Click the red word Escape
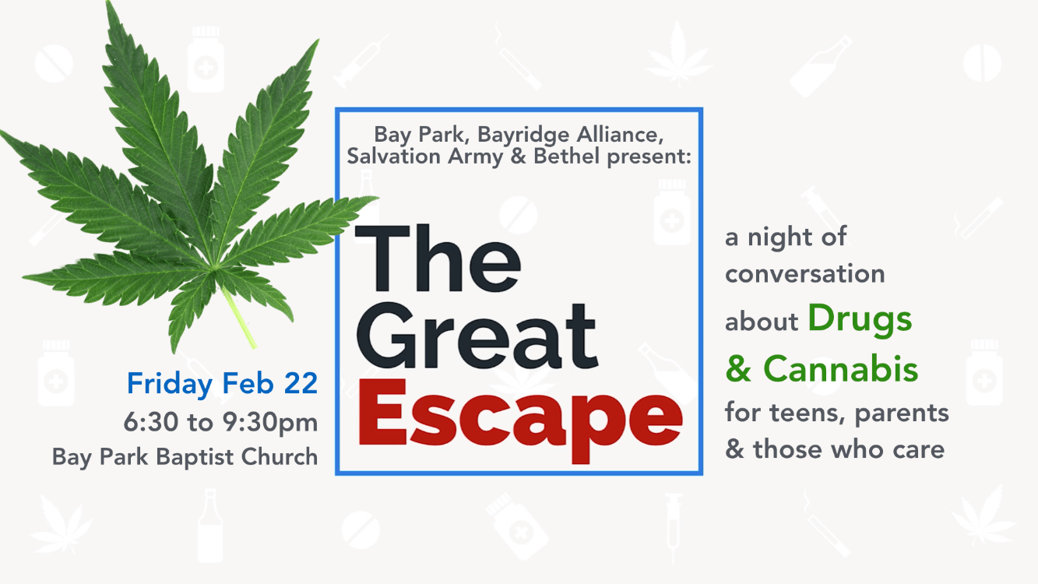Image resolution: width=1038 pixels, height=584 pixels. click(520, 420)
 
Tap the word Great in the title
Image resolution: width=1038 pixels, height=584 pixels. click(477, 336)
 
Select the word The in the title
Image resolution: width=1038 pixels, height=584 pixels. click(438, 259)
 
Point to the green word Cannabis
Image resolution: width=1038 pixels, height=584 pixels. click(840, 368)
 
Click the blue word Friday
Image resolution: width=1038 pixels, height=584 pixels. click(170, 385)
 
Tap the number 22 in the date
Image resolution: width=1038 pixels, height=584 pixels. click(301, 383)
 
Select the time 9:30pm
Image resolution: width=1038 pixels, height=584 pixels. click(270, 423)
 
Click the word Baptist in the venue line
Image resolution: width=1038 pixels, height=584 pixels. click(195, 458)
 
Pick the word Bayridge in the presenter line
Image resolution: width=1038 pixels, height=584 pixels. click(523, 135)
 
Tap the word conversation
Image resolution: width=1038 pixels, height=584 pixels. click(805, 274)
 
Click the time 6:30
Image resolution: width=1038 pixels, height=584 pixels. click(150, 423)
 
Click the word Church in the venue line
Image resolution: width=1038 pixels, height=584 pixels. click(280, 456)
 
